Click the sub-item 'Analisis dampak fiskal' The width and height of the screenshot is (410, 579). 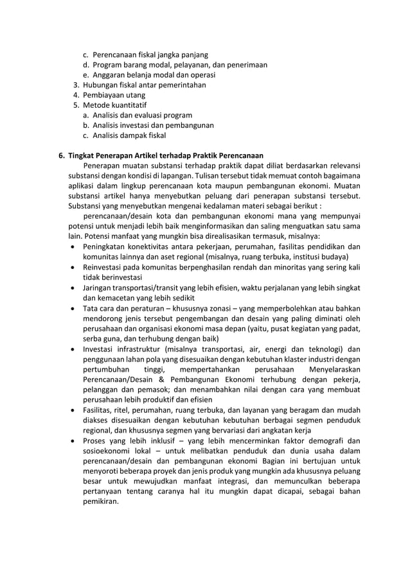tap(129, 135)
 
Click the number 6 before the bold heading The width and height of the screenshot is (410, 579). tap(61, 155)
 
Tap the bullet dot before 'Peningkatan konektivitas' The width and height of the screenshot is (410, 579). tap(74, 246)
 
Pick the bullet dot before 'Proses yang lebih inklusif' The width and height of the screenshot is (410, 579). tap(74, 441)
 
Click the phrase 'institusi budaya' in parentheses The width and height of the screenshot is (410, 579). tap(321, 256)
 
